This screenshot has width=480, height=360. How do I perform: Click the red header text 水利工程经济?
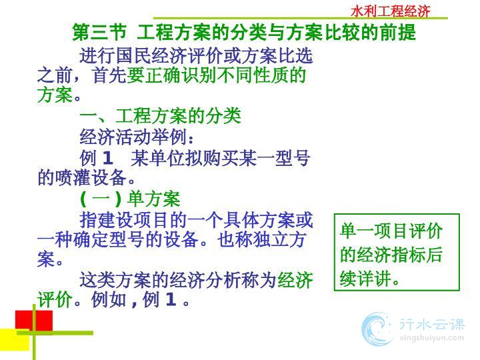pos(390,11)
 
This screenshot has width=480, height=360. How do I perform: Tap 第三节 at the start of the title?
pos(99,32)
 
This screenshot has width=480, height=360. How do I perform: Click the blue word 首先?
pos(109,75)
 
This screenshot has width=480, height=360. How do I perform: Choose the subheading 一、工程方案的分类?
pos(160,116)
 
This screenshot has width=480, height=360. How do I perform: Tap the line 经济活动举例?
pos(137,137)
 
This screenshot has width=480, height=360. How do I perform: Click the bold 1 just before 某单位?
pos(107,158)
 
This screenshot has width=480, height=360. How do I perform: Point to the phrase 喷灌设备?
pos(91,178)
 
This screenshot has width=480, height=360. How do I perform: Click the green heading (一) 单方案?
pos(130,199)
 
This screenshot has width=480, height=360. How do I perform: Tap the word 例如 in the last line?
pos(109,299)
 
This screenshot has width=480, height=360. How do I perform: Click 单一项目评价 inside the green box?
pos(391,231)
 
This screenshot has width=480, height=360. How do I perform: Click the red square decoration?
pos(34,321)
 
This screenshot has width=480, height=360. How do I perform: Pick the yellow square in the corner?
pos(15,340)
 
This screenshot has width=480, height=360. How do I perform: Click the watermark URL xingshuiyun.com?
pos(432,338)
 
